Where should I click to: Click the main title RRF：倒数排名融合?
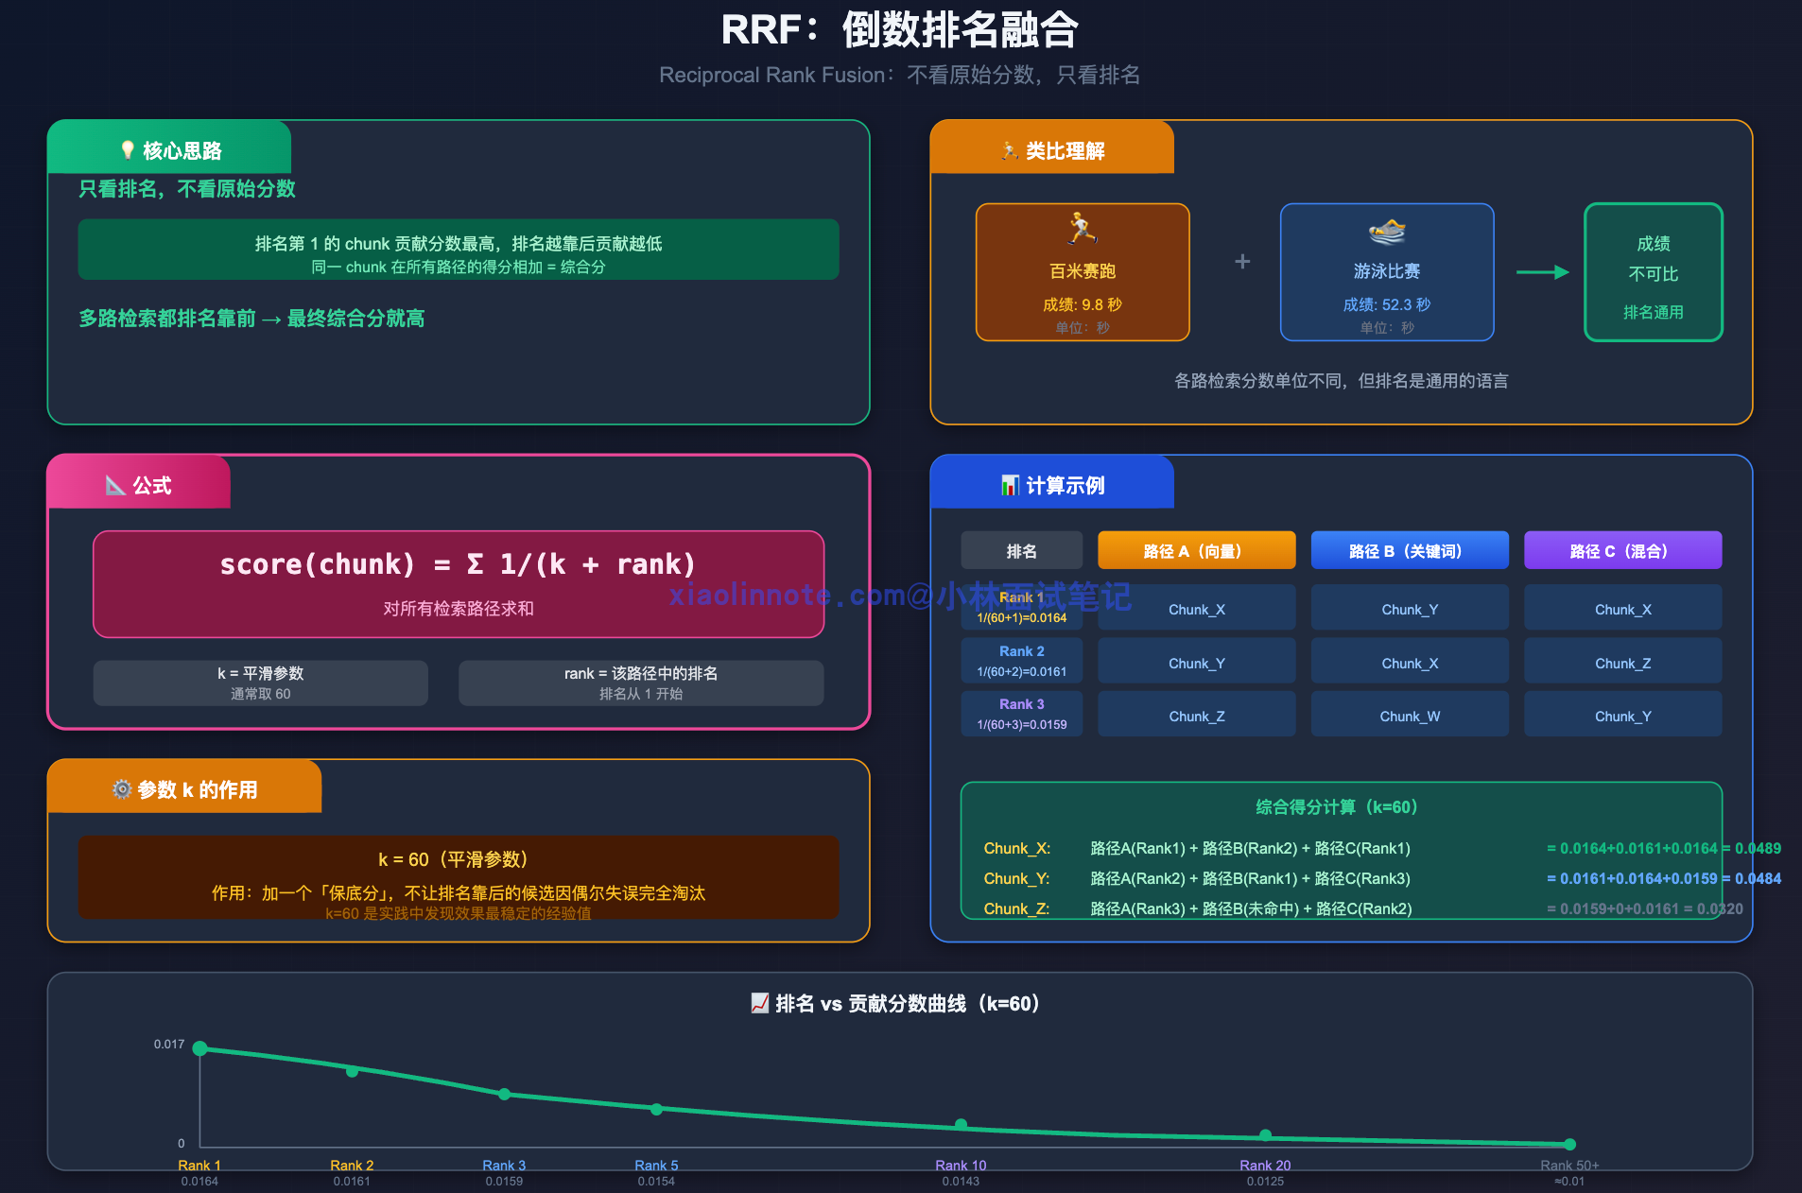[899, 30]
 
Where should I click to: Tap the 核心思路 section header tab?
[170, 149]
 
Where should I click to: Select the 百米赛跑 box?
[1082, 272]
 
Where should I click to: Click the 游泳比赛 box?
[1386, 272]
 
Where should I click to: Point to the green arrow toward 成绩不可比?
[1542, 272]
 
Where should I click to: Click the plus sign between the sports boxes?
[1242, 262]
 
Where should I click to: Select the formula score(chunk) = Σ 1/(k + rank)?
[458, 565]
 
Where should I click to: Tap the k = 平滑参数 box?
[260, 683]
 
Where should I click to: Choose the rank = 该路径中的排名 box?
[640, 683]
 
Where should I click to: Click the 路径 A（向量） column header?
[1196, 550]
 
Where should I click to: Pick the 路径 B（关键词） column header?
[1409, 550]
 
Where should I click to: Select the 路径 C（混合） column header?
[1622, 550]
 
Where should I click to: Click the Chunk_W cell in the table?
[1409, 717]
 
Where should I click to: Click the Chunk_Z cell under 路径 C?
[1622, 664]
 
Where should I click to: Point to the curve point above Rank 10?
[961, 1125]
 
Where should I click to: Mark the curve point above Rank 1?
[199, 1048]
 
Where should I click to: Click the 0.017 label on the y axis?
[169, 1045]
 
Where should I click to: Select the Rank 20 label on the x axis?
[1265, 1166]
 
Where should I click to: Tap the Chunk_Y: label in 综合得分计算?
[1016, 879]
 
